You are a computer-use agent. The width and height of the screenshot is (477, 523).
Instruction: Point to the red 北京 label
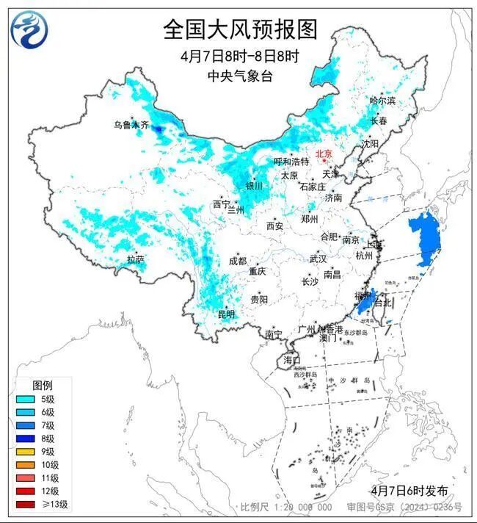(324, 154)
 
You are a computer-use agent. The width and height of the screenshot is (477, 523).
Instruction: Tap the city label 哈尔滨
(382, 101)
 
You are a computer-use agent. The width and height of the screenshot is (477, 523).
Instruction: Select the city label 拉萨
(135, 259)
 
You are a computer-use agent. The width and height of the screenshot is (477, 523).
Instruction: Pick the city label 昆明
(227, 315)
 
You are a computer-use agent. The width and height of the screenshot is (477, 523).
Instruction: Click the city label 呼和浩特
(291, 162)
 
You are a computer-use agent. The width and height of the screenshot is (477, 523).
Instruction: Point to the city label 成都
(238, 261)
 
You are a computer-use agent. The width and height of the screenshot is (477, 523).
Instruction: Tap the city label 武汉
(318, 259)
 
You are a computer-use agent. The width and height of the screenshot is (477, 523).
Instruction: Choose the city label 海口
(291, 361)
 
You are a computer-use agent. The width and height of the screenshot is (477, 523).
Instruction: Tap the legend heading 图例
(42, 386)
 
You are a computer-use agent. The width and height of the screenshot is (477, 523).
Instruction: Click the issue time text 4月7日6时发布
(409, 490)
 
